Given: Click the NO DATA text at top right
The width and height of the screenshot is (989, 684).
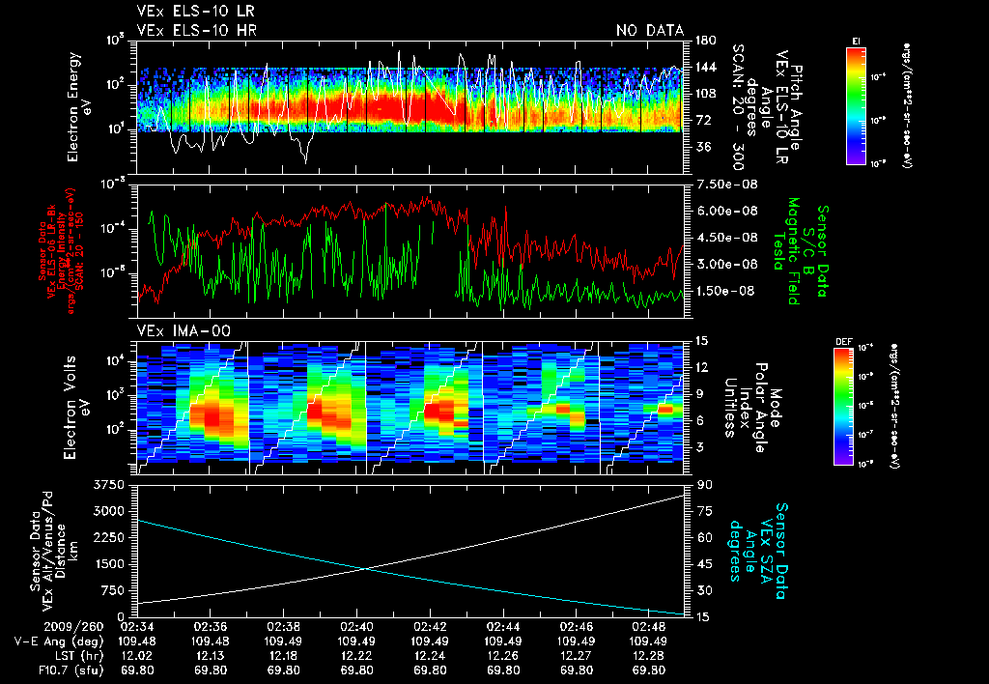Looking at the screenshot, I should tap(650, 31).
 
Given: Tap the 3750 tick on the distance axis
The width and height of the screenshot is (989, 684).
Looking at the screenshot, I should tap(115, 483).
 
